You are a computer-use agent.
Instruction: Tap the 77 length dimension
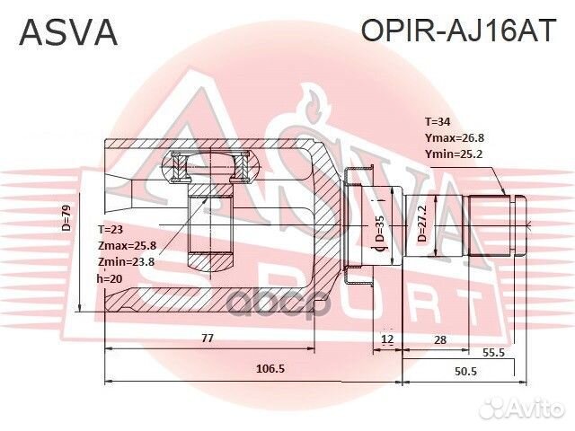tap(207, 339)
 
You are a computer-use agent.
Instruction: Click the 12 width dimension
tap(386, 339)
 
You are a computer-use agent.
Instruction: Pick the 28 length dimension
tap(439, 339)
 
